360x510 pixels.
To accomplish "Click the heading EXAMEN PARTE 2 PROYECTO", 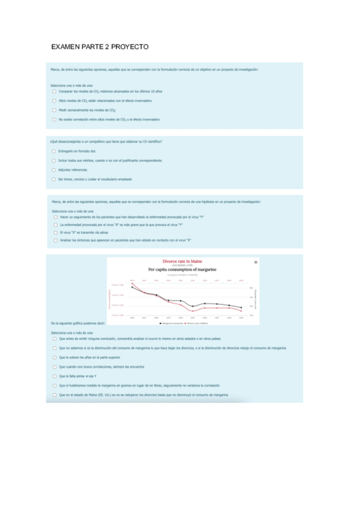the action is click(x=100, y=46).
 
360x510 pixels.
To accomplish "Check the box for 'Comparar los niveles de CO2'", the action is click(x=54, y=91).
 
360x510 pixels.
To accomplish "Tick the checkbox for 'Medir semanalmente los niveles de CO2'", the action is click(x=54, y=110).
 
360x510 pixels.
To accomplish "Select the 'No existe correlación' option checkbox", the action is click(x=54, y=120).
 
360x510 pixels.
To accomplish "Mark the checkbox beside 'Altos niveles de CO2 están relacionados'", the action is click(x=54, y=100).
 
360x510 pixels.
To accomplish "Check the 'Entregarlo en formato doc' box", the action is click(x=54, y=151).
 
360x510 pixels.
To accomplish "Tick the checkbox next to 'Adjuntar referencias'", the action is click(x=54, y=170).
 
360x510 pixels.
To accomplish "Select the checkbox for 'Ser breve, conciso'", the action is click(x=54, y=179).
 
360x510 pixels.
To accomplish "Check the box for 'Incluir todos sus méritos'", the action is click(x=54, y=161).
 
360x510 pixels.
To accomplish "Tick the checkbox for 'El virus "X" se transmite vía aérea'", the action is click(x=55, y=232).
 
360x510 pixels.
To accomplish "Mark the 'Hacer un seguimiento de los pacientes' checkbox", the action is click(x=55, y=217).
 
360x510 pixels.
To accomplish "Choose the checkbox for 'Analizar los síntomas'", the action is click(x=55, y=240).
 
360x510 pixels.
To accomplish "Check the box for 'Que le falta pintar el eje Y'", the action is click(x=54, y=376).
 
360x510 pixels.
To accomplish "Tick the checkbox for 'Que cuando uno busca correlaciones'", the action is click(x=54, y=366).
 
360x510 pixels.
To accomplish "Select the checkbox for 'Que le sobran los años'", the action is click(x=54, y=357).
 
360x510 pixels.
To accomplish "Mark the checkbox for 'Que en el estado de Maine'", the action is click(x=54, y=395).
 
